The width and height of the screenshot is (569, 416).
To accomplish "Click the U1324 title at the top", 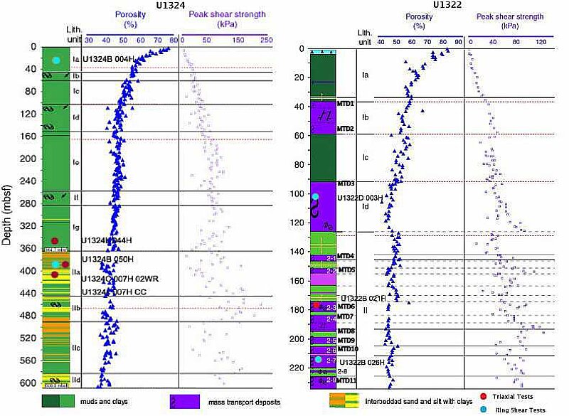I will click(166, 5).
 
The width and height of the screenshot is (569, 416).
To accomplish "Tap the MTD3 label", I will click(346, 183).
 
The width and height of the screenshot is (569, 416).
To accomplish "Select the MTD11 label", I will click(348, 381).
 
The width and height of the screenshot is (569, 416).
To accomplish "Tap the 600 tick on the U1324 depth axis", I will click(29, 383).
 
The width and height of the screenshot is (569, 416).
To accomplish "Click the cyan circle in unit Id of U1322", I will click(316, 196).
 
